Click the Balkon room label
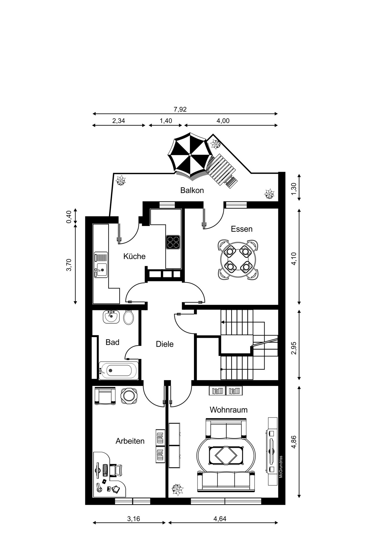pos(192,190)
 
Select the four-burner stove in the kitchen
pos(173,242)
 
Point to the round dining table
pos(238,259)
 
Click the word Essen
pos(241,229)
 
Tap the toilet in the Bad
pos(128,317)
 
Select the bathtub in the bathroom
pos(119,370)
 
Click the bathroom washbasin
pos(111,317)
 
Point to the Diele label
pos(164,344)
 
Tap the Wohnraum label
pos(228,410)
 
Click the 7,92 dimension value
pos(180,109)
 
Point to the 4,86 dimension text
pos(294,442)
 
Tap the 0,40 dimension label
pos(69,217)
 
